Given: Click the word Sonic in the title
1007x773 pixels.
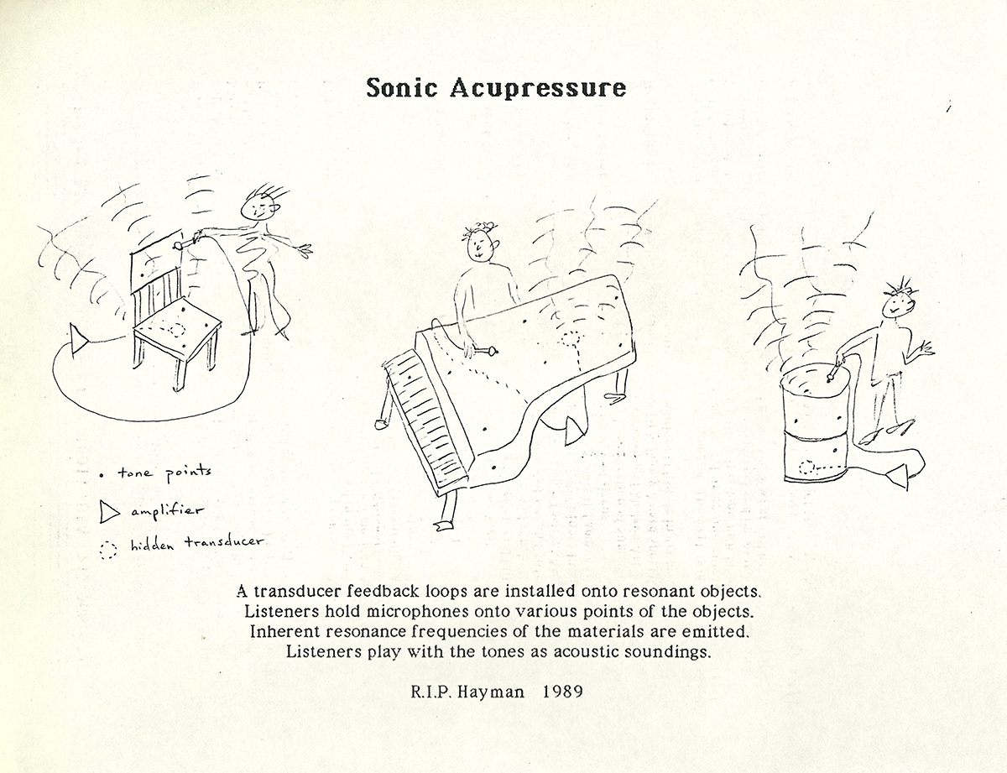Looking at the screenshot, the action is click(401, 87).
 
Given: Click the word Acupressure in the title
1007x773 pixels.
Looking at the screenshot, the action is click(538, 88).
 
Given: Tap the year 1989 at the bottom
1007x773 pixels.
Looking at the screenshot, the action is click(562, 692).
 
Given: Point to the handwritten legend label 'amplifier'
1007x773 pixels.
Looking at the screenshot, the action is click(167, 511).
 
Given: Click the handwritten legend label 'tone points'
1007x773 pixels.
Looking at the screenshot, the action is click(164, 473).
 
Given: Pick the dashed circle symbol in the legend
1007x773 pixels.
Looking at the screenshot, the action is click(108, 550).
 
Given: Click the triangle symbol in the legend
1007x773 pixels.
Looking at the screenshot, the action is click(109, 513).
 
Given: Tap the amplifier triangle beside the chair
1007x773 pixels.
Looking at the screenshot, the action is click(79, 340).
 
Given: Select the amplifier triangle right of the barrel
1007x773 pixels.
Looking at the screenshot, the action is click(898, 477).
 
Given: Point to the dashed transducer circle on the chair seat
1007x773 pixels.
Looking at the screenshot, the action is click(177, 331).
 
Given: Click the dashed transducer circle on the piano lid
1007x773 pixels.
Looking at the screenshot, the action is click(570, 339).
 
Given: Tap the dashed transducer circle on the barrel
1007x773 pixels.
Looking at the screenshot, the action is click(806, 467).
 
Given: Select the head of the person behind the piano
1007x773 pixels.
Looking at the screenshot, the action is click(479, 245).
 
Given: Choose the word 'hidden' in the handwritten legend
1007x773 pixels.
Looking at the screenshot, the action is click(153, 546).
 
